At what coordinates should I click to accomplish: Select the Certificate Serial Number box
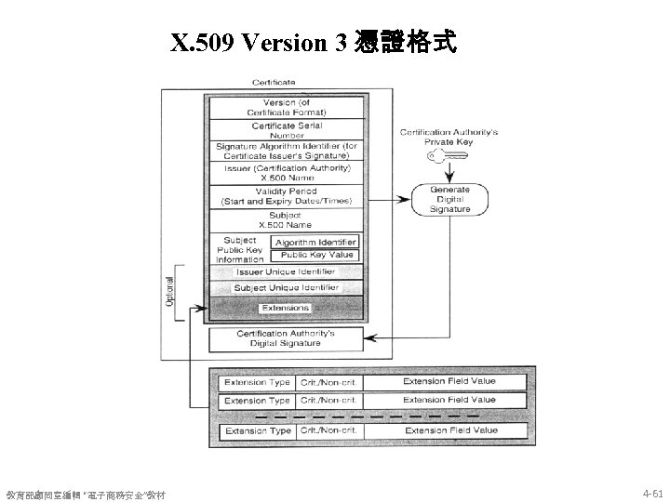point(287,130)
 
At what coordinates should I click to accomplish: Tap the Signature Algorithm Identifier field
point(287,151)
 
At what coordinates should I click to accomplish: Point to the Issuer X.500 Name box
point(287,174)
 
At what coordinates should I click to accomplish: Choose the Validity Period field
point(287,196)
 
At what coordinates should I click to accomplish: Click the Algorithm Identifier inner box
point(315,242)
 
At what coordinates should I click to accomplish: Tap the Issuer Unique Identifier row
point(285,271)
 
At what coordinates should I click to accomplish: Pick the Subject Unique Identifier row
point(285,288)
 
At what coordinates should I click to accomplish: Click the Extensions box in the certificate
point(285,308)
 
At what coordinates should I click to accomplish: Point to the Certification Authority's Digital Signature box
point(286,338)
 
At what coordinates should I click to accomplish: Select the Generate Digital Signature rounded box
point(449,199)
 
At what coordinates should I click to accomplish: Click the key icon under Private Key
point(442,157)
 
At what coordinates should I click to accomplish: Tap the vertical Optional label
point(169,291)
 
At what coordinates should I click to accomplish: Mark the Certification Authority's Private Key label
point(449,137)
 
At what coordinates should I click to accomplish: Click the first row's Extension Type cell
point(258,382)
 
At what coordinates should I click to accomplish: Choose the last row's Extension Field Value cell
point(449,430)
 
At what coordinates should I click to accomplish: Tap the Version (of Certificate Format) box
point(287,107)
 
